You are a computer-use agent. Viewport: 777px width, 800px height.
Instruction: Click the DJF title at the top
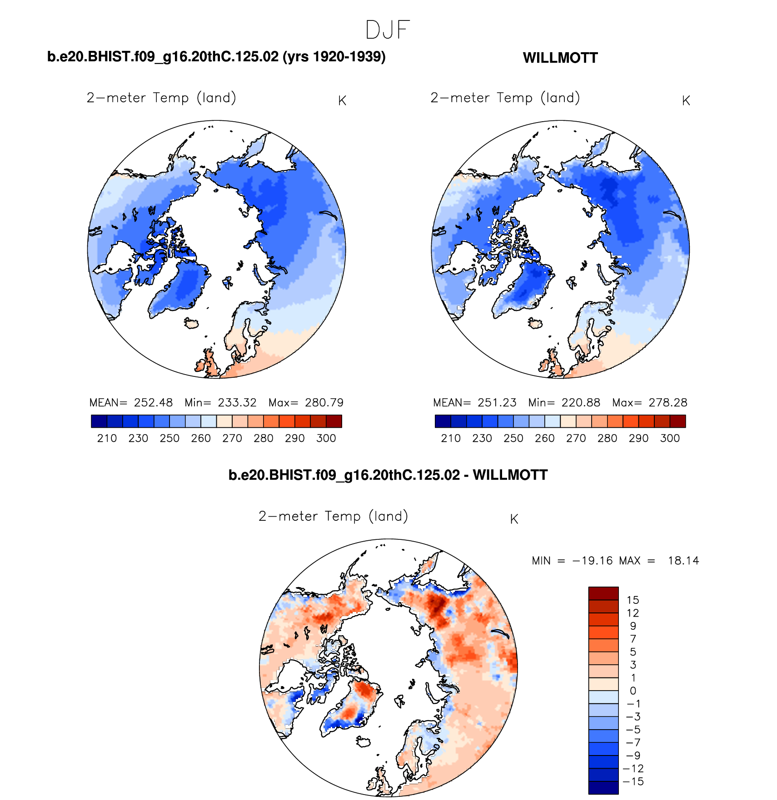click(x=388, y=30)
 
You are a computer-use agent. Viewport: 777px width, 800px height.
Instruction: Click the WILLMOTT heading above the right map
click(x=560, y=58)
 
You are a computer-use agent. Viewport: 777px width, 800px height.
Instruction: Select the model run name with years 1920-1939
click(x=216, y=57)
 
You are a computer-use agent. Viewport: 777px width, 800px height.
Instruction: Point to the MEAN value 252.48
click(x=153, y=403)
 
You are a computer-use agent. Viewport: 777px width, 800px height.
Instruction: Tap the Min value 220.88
click(x=580, y=403)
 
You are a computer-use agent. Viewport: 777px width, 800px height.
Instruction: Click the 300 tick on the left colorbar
click(x=326, y=439)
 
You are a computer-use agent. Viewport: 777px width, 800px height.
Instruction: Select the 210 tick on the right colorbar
click(x=451, y=439)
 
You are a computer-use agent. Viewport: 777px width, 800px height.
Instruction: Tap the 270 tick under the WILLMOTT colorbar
click(x=576, y=439)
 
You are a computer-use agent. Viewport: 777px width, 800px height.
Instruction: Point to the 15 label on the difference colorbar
click(x=633, y=600)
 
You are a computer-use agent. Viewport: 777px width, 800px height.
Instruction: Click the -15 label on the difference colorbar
click(x=633, y=781)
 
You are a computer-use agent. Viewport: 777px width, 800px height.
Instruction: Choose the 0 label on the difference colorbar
click(x=633, y=691)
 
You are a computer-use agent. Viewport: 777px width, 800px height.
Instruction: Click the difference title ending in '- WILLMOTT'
click(x=388, y=475)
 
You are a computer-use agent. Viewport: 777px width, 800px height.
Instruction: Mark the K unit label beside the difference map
click(x=514, y=519)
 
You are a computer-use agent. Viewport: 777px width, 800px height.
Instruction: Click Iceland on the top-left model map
click(x=191, y=323)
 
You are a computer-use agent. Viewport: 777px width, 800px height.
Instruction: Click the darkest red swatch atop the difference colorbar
click(x=603, y=593)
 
